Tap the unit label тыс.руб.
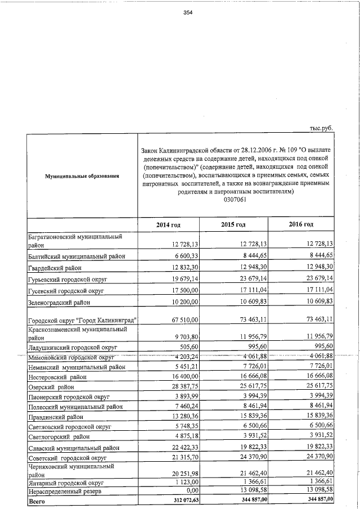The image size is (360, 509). point(322,128)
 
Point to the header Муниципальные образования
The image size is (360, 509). point(82,177)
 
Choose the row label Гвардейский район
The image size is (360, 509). point(55,267)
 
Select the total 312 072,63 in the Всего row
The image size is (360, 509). point(185,500)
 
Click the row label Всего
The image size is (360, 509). point(37,500)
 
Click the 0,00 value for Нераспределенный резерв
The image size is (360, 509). point(192,491)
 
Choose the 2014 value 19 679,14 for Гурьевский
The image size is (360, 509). point(186,278)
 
